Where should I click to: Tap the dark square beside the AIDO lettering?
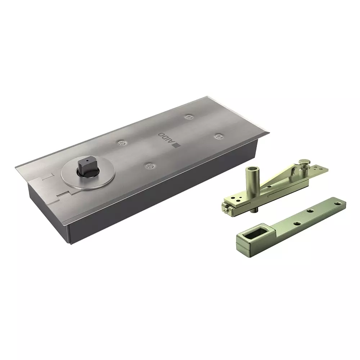point(177,145)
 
